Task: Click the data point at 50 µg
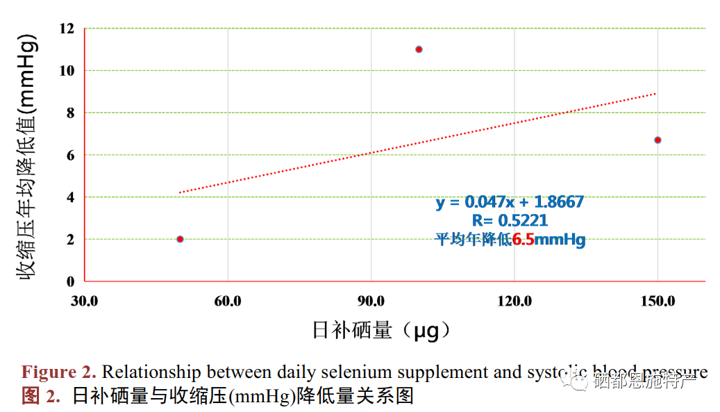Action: click(180, 239)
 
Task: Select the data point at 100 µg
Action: click(419, 49)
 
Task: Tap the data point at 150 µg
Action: click(658, 140)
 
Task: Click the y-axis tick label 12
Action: click(67, 28)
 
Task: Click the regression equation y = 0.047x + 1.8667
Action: click(510, 202)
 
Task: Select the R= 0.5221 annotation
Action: click(510, 221)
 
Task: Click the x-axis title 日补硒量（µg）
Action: click(381, 330)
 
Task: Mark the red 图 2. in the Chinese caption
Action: click(41, 396)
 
